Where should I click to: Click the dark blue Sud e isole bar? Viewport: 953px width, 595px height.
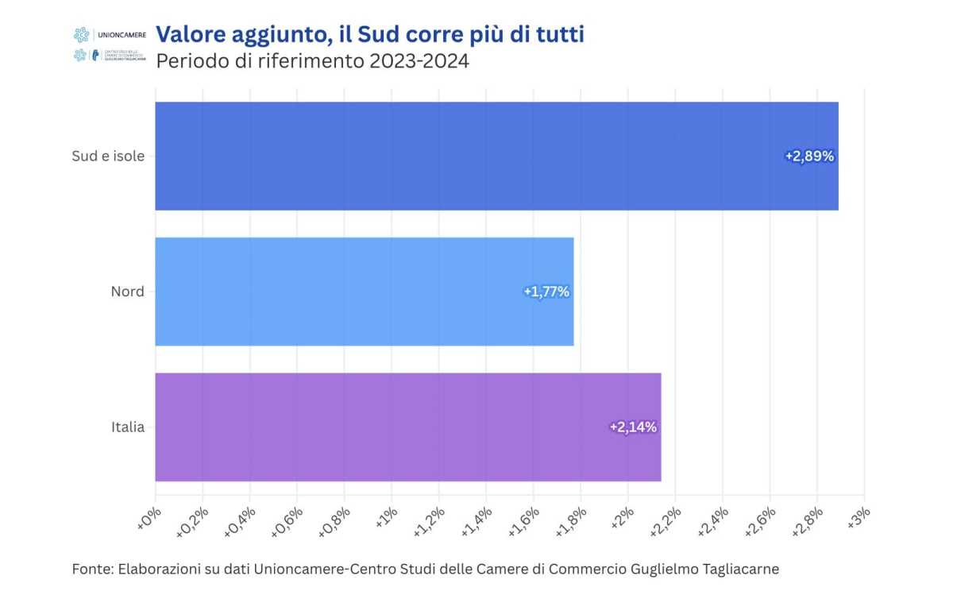click(x=476, y=156)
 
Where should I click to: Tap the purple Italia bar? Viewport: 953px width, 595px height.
click(x=397, y=427)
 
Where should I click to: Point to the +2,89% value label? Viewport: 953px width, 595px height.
click(x=809, y=156)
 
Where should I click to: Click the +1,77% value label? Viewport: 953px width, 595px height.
click(x=546, y=292)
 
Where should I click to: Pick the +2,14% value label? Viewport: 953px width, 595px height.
click(x=633, y=427)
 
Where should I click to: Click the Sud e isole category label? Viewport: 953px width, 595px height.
click(x=108, y=156)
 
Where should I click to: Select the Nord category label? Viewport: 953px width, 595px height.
click(x=127, y=292)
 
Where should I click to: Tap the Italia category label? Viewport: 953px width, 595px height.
click(x=128, y=427)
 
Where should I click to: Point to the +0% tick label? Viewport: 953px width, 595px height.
click(x=149, y=518)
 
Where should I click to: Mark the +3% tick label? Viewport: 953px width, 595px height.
click(x=858, y=518)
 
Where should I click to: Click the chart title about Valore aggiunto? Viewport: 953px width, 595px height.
click(x=369, y=34)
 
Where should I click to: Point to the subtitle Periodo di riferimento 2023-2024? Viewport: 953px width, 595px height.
click(x=312, y=61)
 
